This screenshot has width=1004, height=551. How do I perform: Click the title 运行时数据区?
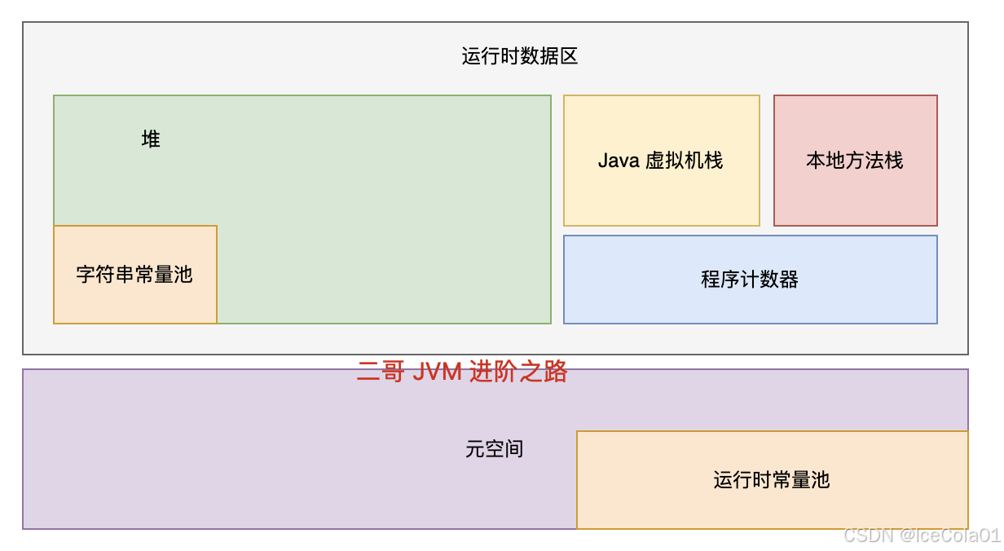tap(520, 56)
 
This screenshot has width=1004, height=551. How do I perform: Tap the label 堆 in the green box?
tap(151, 139)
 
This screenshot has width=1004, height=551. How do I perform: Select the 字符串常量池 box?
tap(135, 275)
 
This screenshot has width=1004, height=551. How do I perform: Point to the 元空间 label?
tap(494, 449)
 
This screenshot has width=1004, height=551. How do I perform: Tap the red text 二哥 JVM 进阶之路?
tap(462, 372)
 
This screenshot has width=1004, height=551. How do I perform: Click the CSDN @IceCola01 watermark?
tap(921, 536)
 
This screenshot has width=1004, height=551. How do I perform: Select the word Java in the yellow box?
tap(618, 161)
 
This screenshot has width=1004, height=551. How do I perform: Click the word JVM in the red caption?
tap(437, 372)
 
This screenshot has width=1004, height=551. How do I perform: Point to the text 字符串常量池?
tap(134, 275)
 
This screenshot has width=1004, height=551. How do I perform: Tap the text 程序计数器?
tap(750, 280)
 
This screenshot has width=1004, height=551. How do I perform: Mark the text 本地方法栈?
tap(855, 161)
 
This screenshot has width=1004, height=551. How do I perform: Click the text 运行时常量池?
tap(772, 480)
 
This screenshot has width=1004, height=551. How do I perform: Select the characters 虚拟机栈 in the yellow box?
tap(685, 161)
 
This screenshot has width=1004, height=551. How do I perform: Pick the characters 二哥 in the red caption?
tap(381, 372)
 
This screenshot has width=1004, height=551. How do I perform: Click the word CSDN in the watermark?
tap(869, 536)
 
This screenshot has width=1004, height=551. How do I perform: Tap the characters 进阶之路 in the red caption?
tap(518, 372)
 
